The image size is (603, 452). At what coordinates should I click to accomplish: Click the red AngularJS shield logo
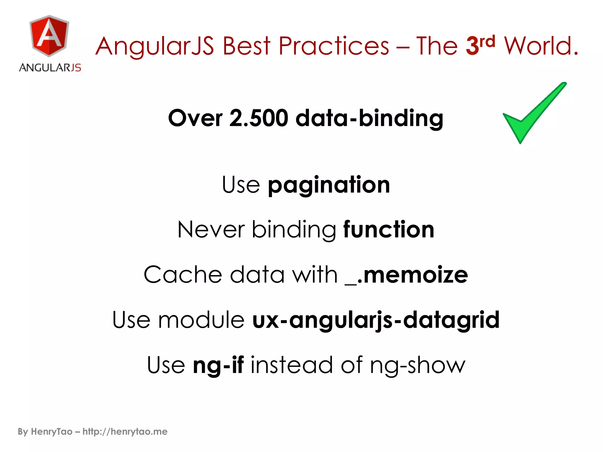click(49, 36)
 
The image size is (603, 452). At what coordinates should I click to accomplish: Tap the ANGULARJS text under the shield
click(50, 68)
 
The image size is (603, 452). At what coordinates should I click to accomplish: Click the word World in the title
click(541, 46)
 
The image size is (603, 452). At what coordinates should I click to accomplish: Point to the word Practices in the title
click(334, 46)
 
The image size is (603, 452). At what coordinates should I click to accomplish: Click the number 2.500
click(259, 118)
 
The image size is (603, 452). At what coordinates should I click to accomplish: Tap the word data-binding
click(369, 118)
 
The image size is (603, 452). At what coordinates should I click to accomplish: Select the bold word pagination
click(329, 185)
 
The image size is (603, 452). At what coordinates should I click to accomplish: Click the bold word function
click(389, 230)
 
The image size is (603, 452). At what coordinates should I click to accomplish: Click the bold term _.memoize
click(406, 275)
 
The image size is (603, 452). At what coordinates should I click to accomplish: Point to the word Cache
click(183, 275)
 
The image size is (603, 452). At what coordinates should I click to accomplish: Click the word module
click(201, 320)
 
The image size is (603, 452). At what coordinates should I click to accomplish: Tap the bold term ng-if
click(218, 365)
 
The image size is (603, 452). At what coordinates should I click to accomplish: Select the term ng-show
click(418, 365)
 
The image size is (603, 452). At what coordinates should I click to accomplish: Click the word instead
click(292, 365)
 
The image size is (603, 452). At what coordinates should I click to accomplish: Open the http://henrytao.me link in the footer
click(125, 432)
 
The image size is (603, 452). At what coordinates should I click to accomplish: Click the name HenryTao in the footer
click(52, 432)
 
